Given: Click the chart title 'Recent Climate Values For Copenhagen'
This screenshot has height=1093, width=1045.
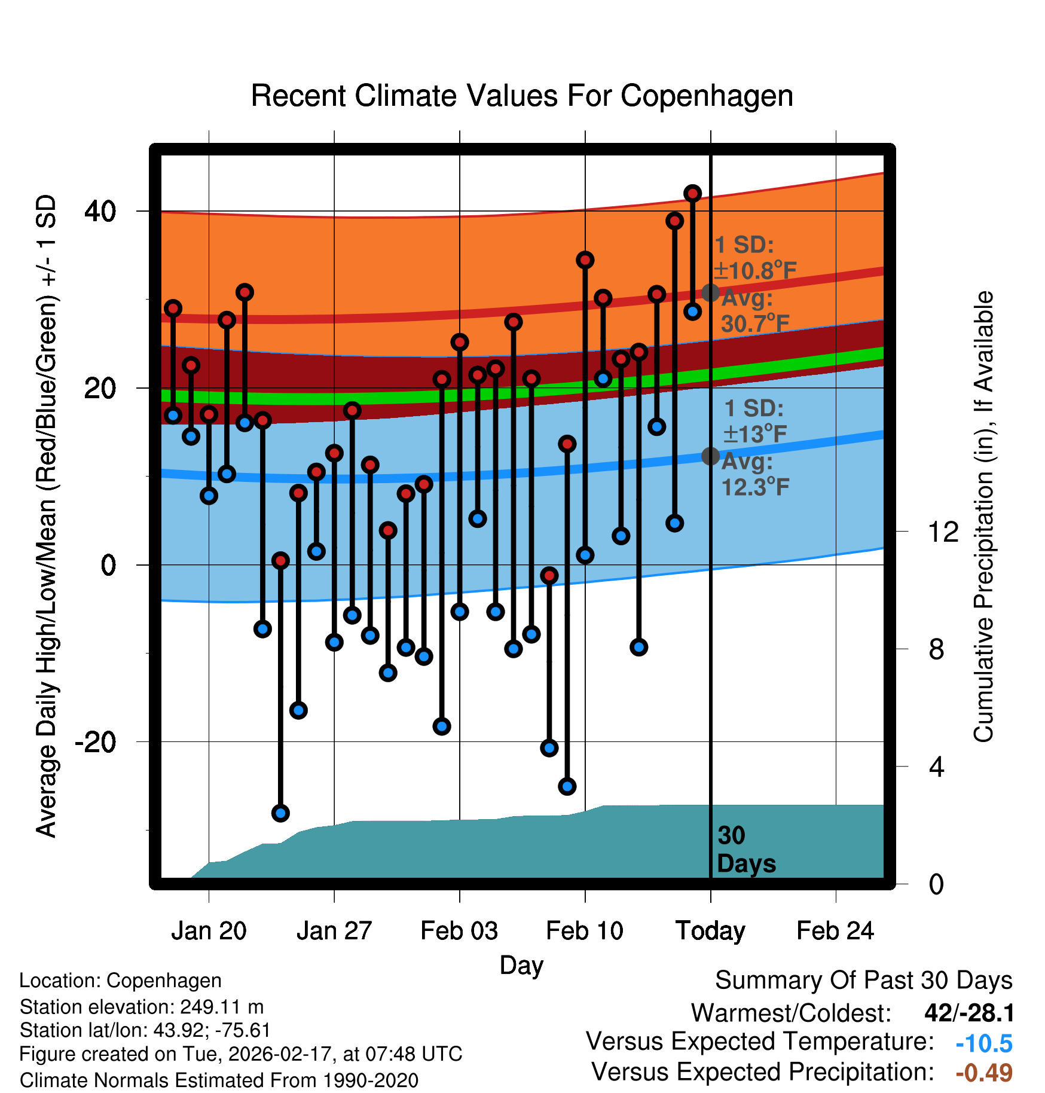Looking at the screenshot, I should click(x=522, y=96).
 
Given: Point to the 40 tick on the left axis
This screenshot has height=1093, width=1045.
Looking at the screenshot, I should click(x=100, y=211).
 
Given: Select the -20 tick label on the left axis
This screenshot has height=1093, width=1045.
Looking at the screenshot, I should click(x=96, y=742).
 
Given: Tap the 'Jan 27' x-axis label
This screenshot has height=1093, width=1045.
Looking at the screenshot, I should click(x=334, y=931).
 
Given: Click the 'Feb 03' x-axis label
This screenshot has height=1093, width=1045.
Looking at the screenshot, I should click(x=459, y=931).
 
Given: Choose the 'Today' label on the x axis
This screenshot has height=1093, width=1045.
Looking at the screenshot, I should click(x=710, y=931).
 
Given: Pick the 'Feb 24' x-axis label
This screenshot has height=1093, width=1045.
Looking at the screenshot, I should click(x=835, y=931).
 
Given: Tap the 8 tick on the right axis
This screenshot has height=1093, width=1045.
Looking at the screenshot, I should click(x=937, y=649).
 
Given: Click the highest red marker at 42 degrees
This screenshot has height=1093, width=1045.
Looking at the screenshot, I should click(x=692, y=194).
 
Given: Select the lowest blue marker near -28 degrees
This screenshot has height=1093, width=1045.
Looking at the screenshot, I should click(x=280, y=813).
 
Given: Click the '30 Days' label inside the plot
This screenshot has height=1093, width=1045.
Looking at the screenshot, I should click(x=745, y=850).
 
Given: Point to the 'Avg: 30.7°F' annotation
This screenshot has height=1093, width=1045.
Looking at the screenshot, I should click(x=754, y=311).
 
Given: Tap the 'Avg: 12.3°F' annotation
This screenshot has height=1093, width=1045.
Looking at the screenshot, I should click(x=754, y=475).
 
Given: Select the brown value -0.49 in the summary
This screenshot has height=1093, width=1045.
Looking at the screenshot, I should click(x=984, y=1073).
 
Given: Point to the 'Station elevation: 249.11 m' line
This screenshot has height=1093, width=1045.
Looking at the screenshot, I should click(x=142, y=1007).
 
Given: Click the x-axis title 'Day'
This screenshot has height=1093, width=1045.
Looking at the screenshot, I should click(x=521, y=965).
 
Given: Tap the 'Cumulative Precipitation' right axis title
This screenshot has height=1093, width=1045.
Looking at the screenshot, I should click(x=983, y=517).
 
